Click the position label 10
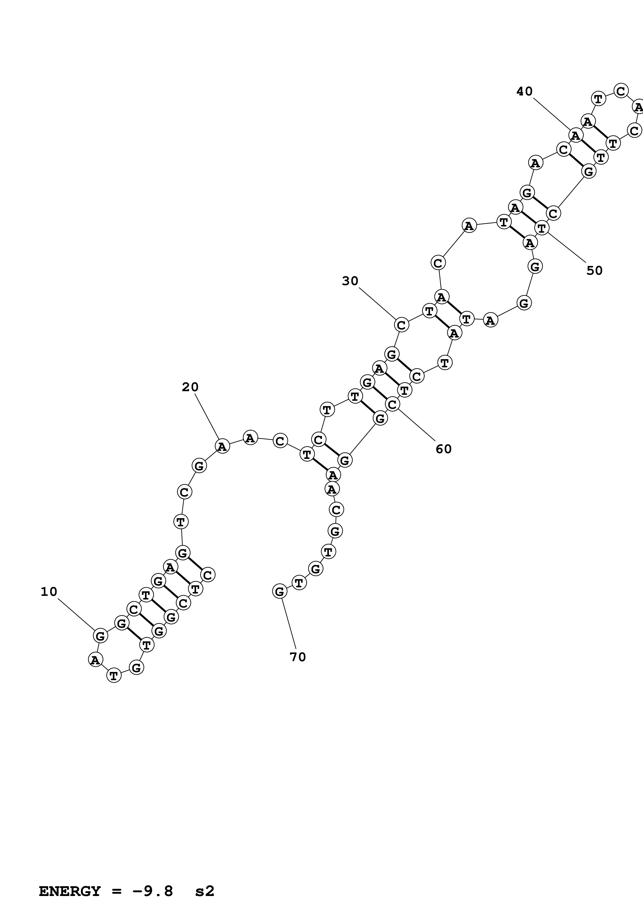[49, 592]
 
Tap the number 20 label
[190, 387]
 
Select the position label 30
[350, 281]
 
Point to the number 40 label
[524, 92]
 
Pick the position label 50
[594, 271]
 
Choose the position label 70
[298, 657]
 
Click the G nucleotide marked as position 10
[100, 636]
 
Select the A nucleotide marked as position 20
[222, 446]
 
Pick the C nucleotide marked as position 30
[401, 325]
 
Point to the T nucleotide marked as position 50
[542, 228]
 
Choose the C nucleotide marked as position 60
[392, 405]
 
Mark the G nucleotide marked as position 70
[279, 592]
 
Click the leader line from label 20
[207, 416]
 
